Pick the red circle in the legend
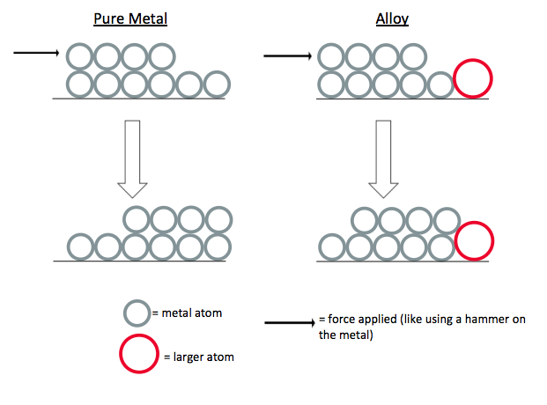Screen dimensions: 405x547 [x=138, y=355]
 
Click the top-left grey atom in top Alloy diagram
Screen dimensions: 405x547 [x=331, y=57]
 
